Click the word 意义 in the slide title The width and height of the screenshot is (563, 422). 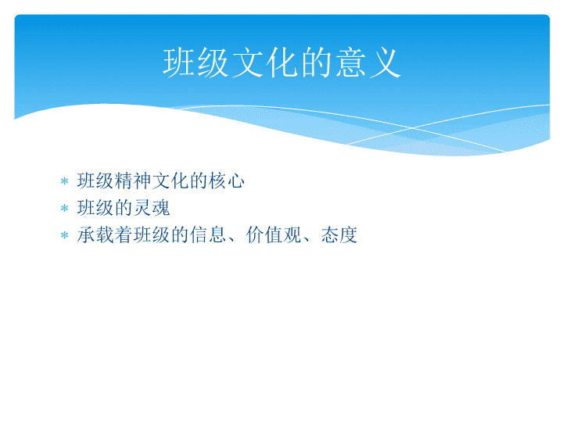pyautogui.click(x=369, y=63)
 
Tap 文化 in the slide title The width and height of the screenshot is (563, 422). pyautogui.click(x=265, y=63)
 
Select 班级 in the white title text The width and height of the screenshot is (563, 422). pyautogui.click(x=196, y=63)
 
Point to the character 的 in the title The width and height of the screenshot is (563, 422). pyautogui.click(x=317, y=63)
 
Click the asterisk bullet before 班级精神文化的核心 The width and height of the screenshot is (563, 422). pyautogui.click(x=65, y=181)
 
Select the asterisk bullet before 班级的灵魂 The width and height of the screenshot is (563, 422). pyautogui.click(x=65, y=208)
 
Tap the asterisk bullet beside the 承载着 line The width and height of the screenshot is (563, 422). pyautogui.click(x=65, y=235)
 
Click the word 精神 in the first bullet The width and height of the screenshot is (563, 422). pyautogui.click(x=133, y=181)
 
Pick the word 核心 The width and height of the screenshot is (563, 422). pyautogui.click(x=227, y=181)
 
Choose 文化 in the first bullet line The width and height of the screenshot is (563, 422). pyautogui.click(x=170, y=181)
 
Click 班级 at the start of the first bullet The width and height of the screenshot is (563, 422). pyautogui.click(x=95, y=181)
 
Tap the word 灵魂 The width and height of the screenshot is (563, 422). pyautogui.click(x=152, y=208)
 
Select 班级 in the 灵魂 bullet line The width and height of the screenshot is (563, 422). pyautogui.click(x=95, y=208)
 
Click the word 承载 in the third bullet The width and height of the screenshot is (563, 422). pyautogui.click(x=95, y=235)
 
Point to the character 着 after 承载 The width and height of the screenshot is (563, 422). pyautogui.click(x=124, y=235)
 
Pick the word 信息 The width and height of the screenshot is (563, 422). pyautogui.click(x=208, y=235)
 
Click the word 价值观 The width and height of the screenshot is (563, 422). pyautogui.click(x=274, y=235)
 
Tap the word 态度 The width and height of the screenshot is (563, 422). pyautogui.click(x=339, y=235)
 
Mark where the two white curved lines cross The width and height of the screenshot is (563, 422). pyautogui.click(x=413, y=127)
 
